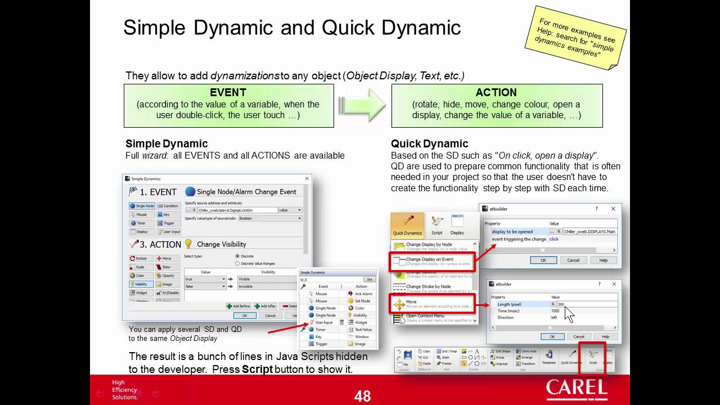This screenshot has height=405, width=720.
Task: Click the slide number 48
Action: pyautogui.click(x=363, y=396)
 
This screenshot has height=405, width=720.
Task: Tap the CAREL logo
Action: pyautogui.click(x=577, y=389)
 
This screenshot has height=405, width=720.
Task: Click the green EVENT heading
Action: pyautogui.click(x=228, y=93)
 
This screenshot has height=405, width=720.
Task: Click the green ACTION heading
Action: pyautogui.click(x=496, y=93)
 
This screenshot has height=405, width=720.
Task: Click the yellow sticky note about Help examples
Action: pyautogui.click(x=575, y=38)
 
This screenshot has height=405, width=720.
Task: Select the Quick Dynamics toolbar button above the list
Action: pyautogui.click(x=407, y=224)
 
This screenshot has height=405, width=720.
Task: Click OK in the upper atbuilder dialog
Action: pyautogui.click(x=543, y=260)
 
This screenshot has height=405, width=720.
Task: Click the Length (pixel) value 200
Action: pyautogui.click(x=561, y=304)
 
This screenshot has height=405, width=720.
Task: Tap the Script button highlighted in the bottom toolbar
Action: pyautogui.click(x=593, y=358)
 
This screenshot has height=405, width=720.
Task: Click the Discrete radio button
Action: pyautogui.click(x=237, y=256)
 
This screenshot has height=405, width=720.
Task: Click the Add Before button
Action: pyautogui.click(x=238, y=306)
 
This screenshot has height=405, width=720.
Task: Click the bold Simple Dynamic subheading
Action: pyautogui.click(x=166, y=144)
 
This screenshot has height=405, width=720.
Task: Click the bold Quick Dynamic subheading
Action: pyautogui.click(x=429, y=144)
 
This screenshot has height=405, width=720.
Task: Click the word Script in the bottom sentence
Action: pyautogui.click(x=257, y=370)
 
